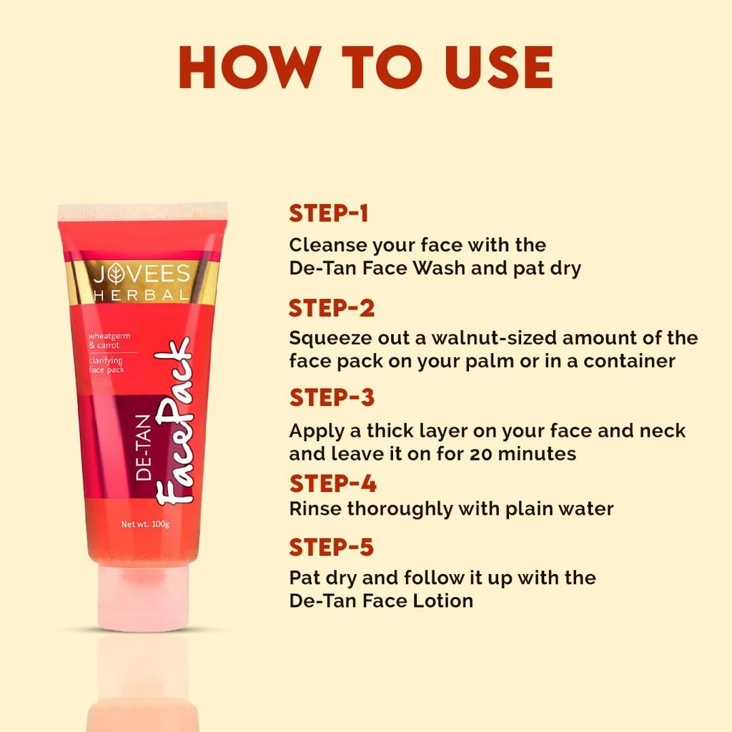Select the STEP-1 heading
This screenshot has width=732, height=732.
pos(328,213)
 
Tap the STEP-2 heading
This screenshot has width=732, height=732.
pos(332,308)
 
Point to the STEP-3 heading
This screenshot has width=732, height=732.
pos(332,397)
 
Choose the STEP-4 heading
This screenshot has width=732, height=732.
pos(332,484)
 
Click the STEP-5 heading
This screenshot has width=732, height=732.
pos(332,548)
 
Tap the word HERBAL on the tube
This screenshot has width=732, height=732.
pos(143,295)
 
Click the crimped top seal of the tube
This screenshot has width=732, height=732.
pos(143,212)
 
